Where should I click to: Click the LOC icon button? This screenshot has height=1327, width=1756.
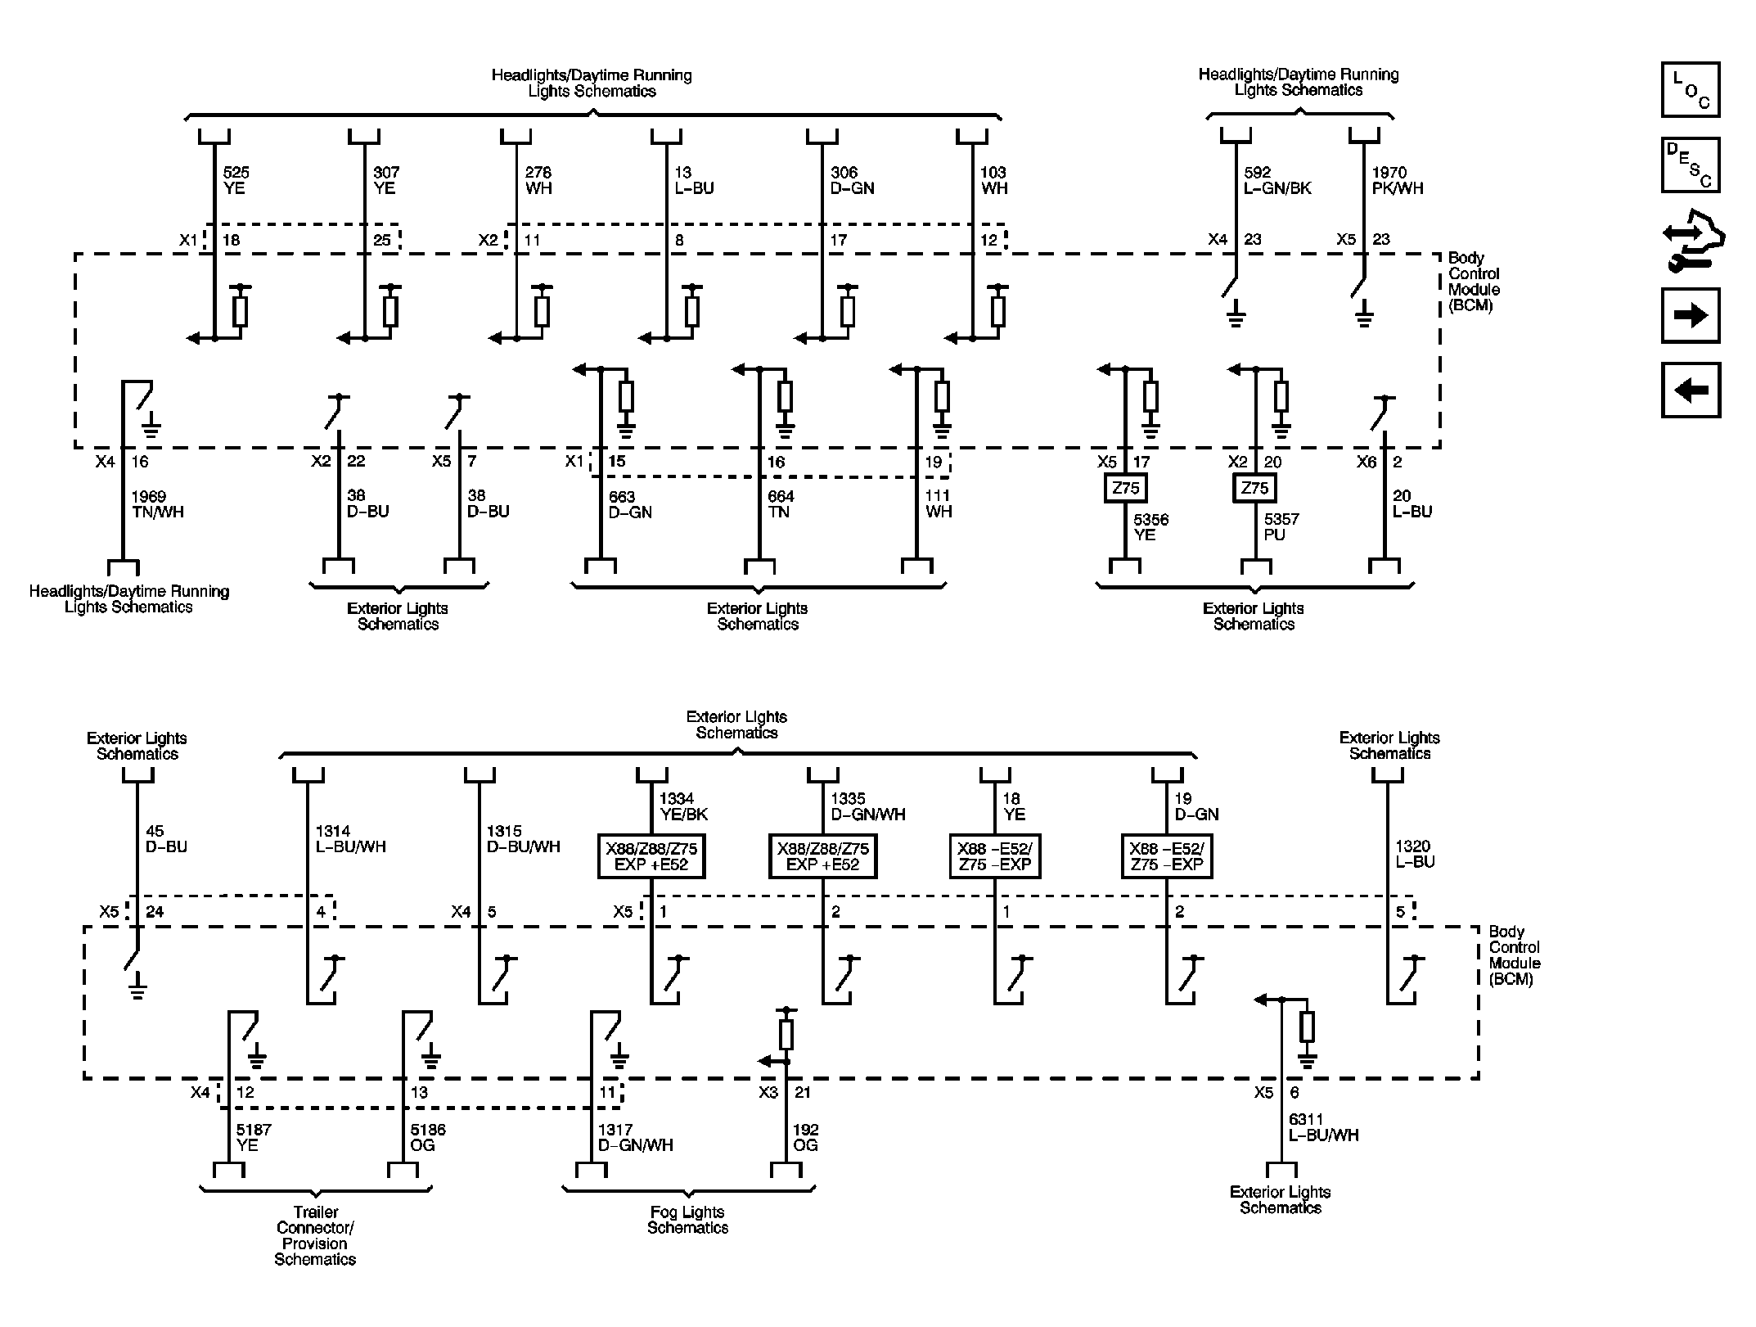[1690, 89]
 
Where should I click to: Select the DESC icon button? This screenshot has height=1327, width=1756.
[1690, 165]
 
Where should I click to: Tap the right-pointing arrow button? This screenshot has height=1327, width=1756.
[1690, 315]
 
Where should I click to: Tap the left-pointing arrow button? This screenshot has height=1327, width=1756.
[1690, 390]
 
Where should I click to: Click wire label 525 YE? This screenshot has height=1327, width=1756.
[236, 180]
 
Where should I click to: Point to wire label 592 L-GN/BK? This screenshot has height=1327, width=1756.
[1277, 180]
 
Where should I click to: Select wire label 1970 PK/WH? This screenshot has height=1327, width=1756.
[1397, 180]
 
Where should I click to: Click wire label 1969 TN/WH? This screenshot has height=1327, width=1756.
[157, 504]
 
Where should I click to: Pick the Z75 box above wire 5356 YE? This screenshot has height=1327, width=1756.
[1126, 489]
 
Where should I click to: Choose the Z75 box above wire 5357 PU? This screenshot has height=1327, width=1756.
[1254, 489]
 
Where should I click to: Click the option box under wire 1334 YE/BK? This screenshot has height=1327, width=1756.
[651, 856]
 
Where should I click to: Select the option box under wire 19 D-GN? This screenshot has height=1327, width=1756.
[1166, 856]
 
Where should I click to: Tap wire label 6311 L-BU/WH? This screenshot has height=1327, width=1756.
[1323, 1127]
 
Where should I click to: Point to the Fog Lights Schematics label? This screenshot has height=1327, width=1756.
[687, 1220]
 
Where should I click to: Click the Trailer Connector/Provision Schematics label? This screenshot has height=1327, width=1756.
[315, 1235]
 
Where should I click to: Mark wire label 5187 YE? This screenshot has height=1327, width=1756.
[254, 1137]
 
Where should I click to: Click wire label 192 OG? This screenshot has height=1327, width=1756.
[805, 1137]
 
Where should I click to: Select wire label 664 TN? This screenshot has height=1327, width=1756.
[781, 504]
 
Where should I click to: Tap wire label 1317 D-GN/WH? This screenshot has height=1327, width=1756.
[635, 1137]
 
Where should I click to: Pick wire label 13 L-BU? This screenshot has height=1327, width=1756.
[694, 180]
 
